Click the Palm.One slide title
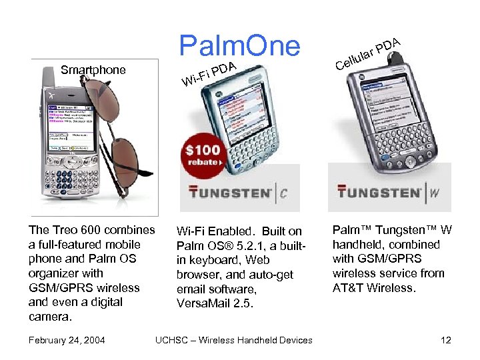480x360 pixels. point(239,45)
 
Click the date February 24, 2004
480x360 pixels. point(67,340)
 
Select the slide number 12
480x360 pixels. point(446,340)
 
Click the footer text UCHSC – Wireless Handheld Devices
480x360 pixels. point(233,340)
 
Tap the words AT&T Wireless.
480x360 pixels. point(373,288)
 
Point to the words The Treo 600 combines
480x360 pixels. point(91,230)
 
